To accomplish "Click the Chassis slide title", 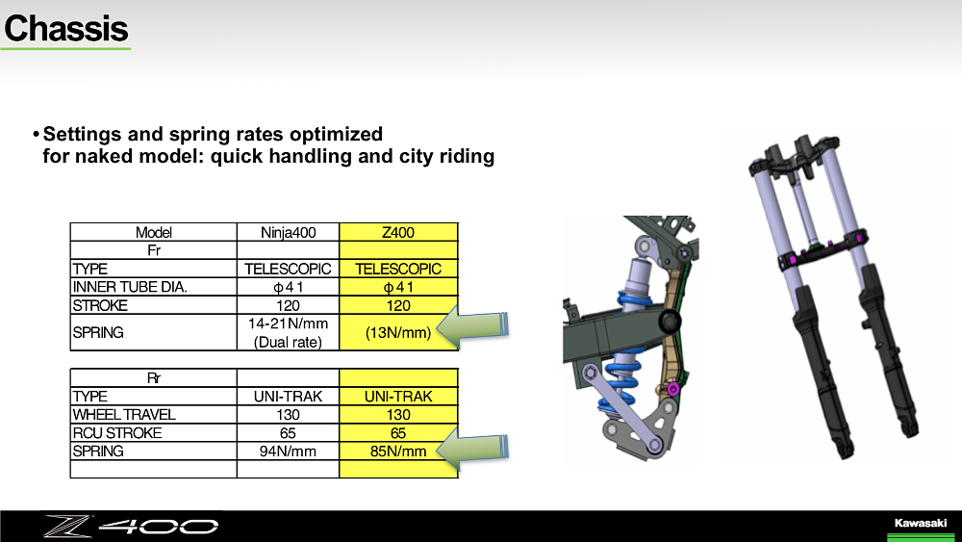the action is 66,28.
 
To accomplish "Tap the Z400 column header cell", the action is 398,232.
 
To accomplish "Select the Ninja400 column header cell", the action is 288,232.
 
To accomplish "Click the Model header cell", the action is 153,232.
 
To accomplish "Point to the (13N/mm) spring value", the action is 398,332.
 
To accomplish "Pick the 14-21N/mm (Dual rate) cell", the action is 288,332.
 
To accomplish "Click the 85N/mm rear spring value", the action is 398,452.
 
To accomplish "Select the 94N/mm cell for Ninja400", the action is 288,452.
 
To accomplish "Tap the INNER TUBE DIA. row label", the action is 130,287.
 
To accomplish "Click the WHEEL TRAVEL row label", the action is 124,414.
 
